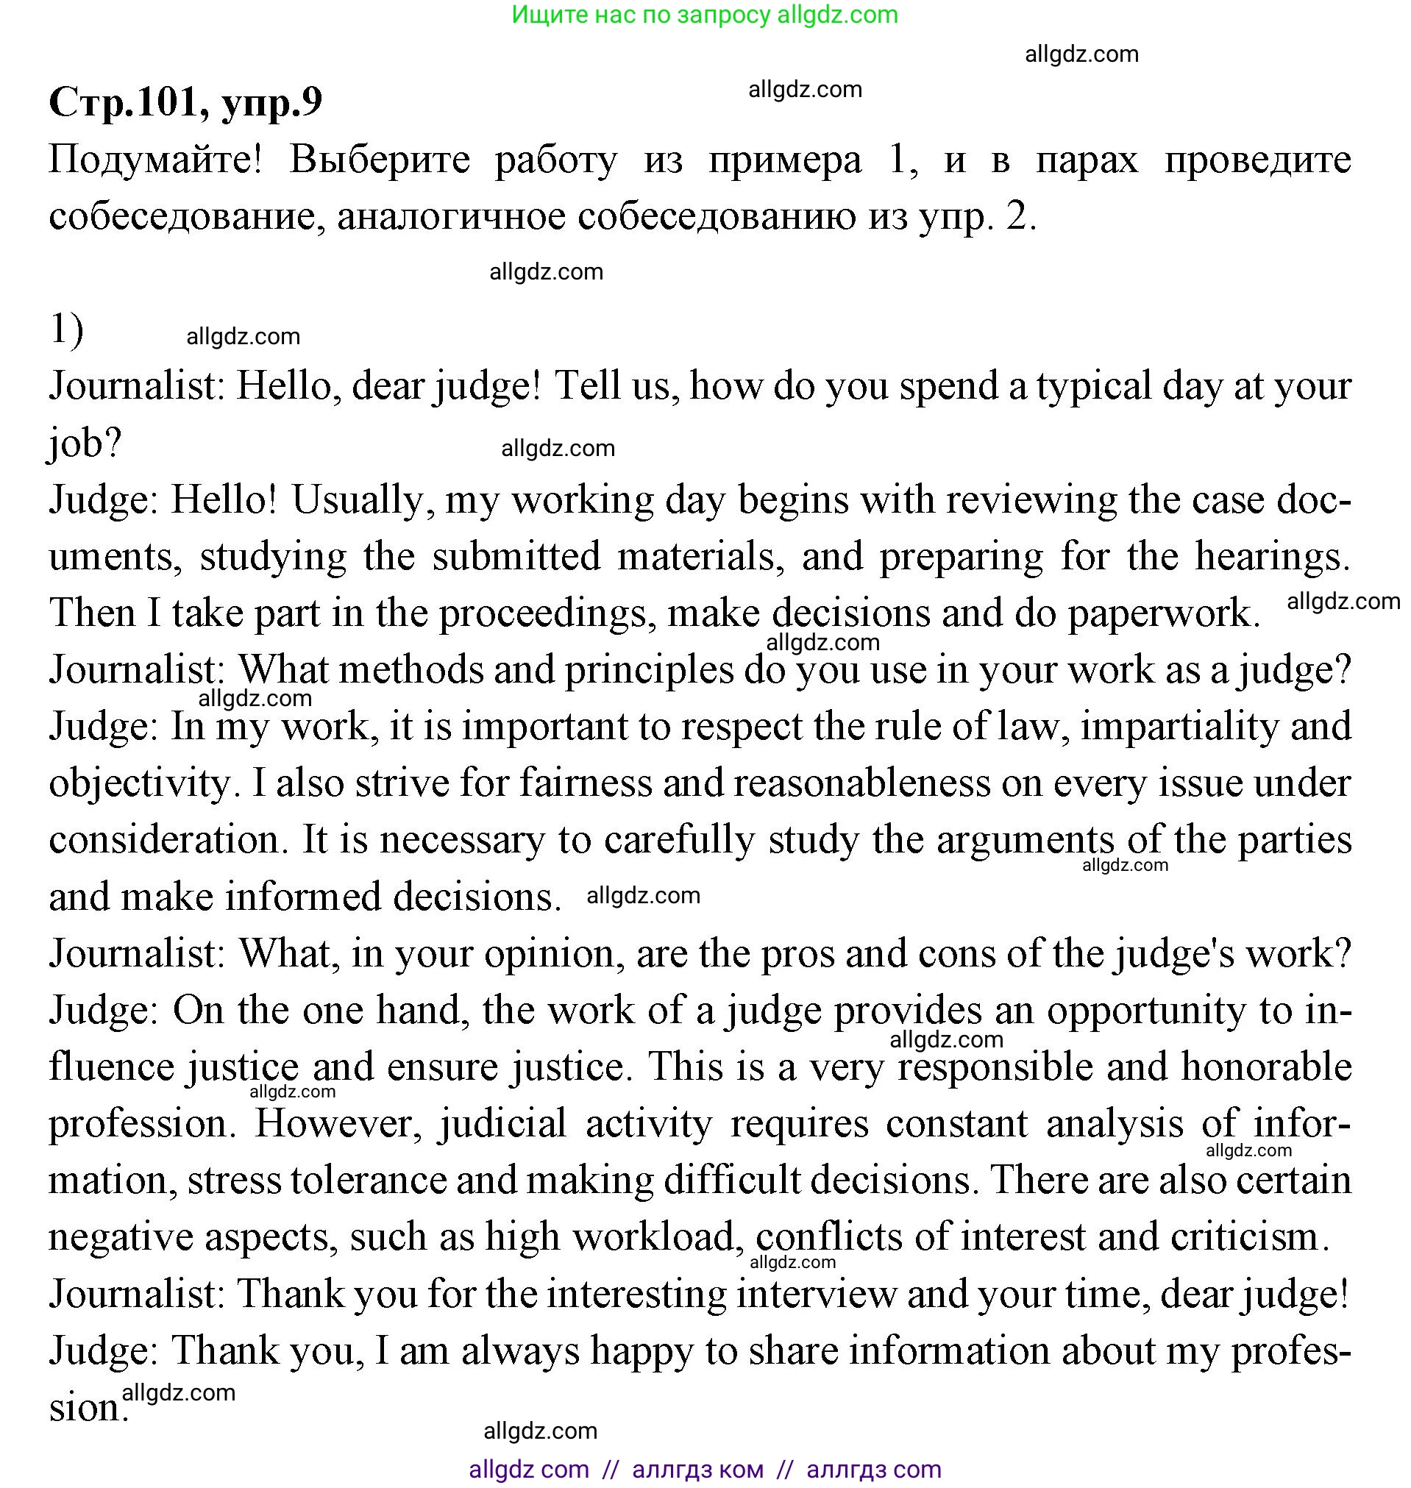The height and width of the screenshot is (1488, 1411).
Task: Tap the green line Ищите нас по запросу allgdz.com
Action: click(x=705, y=14)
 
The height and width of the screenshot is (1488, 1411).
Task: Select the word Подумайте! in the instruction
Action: click(x=156, y=160)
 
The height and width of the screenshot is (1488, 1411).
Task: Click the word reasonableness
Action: click(x=862, y=784)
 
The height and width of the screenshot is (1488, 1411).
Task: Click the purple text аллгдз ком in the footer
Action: click(x=697, y=1468)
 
